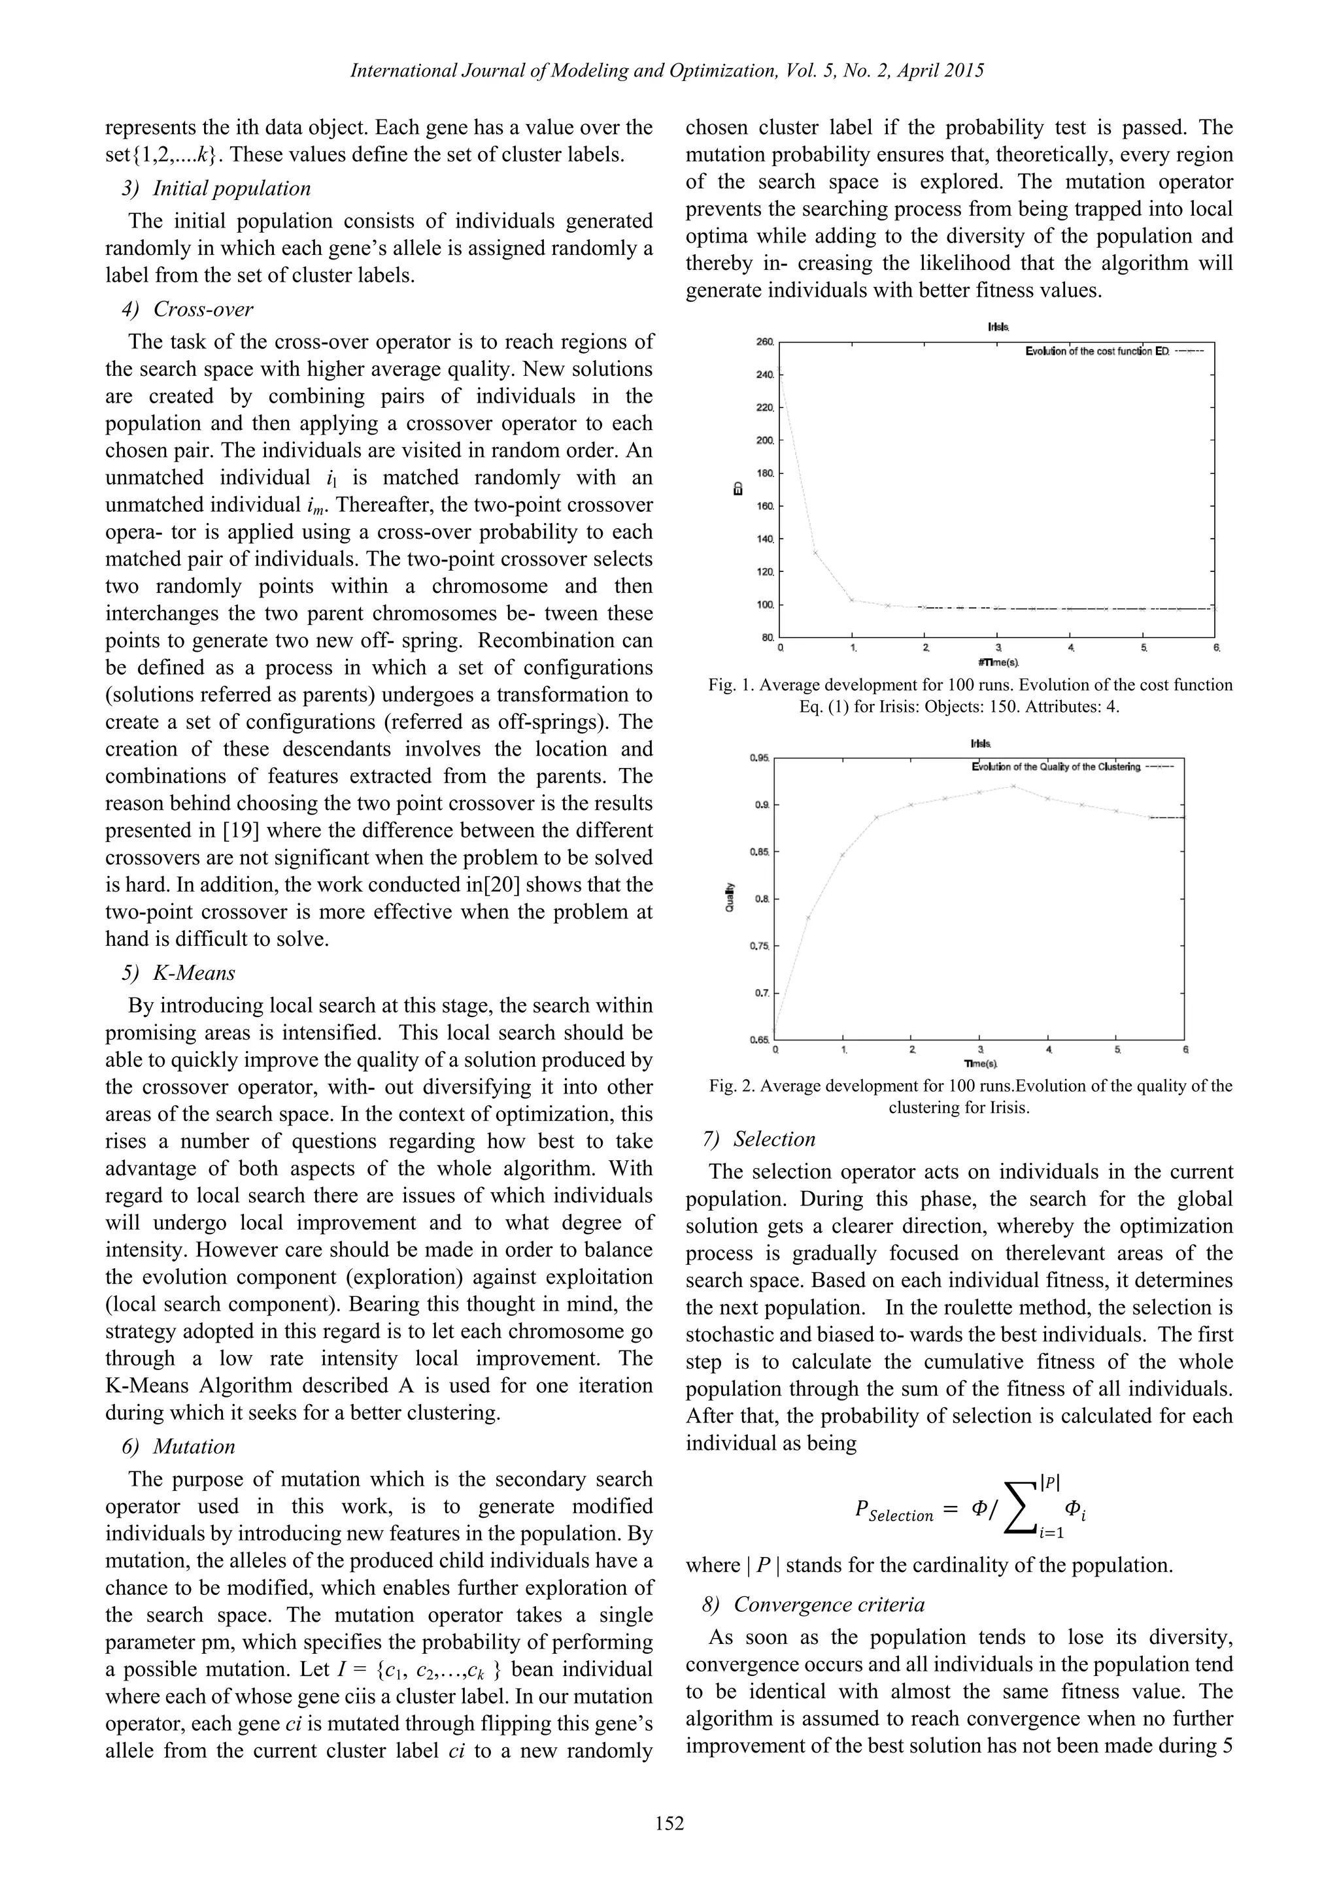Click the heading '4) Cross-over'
188,309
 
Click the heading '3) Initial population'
216,189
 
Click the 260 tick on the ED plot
764,341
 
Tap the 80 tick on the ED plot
767,637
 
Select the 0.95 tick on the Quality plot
759,757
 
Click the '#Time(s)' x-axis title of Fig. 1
998,662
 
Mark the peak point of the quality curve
1013,786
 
